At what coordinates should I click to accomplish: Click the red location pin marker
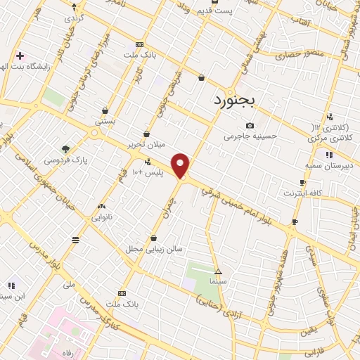pyautogui.click(x=181, y=166)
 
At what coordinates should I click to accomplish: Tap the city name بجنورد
pyautogui.click(x=236, y=100)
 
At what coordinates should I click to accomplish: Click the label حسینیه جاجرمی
pyautogui.click(x=250, y=136)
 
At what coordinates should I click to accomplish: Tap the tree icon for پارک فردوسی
pyautogui.click(x=65, y=149)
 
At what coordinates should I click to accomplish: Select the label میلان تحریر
pyautogui.click(x=146, y=144)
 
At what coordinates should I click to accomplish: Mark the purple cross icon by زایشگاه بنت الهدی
pyautogui.click(x=20, y=56)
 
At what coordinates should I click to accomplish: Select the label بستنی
pyautogui.click(x=105, y=122)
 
